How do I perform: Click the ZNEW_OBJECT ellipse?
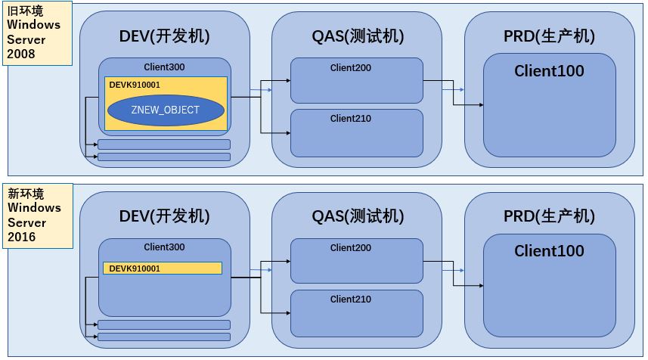pyautogui.click(x=166, y=110)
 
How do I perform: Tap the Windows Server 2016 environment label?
pyautogui.click(x=35, y=215)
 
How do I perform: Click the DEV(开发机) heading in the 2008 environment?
pyautogui.click(x=164, y=36)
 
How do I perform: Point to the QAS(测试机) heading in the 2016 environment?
pyautogui.click(x=358, y=216)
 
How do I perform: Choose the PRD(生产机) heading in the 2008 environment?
pyautogui.click(x=550, y=36)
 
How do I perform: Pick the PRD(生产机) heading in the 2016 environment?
pyautogui.click(x=550, y=216)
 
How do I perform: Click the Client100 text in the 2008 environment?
pyautogui.click(x=549, y=71)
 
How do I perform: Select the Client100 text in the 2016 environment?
pyautogui.click(x=549, y=251)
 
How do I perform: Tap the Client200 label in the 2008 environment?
pyautogui.click(x=351, y=68)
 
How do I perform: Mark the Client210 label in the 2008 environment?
pyautogui.click(x=351, y=119)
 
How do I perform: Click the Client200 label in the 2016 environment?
pyautogui.click(x=351, y=248)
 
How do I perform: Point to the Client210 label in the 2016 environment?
pyautogui.click(x=351, y=299)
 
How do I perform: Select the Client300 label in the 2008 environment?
pyautogui.click(x=164, y=67)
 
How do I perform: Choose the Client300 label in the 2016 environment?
pyautogui.click(x=164, y=247)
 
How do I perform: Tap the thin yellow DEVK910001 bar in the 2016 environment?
pyautogui.click(x=163, y=268)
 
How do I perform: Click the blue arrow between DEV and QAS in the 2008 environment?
pyautogui.click(x=261, y=90)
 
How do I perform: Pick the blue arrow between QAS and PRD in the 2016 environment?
pyautogui.click(x=454, y=270)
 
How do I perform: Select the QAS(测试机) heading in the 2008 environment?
pyautogui.click(x=358, y=36)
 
